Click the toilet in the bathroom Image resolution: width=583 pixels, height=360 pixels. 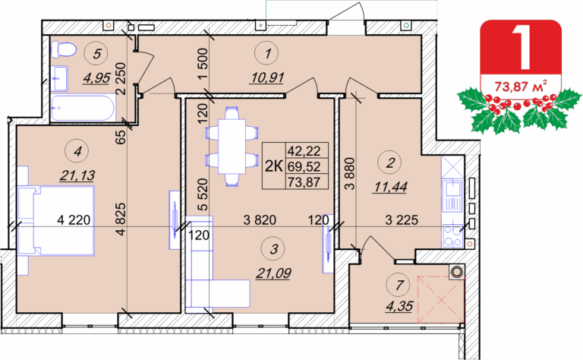[x=63, y=49]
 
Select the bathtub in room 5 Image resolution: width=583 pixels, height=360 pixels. [x=84, y=108]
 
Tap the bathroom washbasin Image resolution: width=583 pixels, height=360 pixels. [x=59, y=78]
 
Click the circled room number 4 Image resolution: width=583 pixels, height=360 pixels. [x=77, y=151]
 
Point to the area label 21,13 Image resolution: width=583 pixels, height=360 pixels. [x=77, y=175]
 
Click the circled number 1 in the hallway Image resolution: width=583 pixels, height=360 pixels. [x=267, y=54]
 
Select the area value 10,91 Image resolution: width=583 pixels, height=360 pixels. [x=267, y=77]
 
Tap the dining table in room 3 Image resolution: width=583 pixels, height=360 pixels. [x=232, y=146]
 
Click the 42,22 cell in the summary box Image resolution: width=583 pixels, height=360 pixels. [x=304, y=151]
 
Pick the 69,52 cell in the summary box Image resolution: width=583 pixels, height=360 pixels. [x=304, y=166]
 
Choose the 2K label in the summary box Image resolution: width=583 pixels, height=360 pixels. [x=274, y=166]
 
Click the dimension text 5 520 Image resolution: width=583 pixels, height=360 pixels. [x=202, y=194]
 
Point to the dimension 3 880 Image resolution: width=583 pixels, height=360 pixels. [x=350, y=174]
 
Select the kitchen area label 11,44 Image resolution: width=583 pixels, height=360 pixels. [x=390, y=187]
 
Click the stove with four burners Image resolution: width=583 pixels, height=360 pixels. [x=452, y=236]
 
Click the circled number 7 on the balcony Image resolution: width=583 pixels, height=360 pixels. [x=399, y=286]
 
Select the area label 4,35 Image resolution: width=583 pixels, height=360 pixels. [x=399, y=306]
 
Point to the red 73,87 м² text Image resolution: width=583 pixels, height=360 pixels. [x=521, y=87]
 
